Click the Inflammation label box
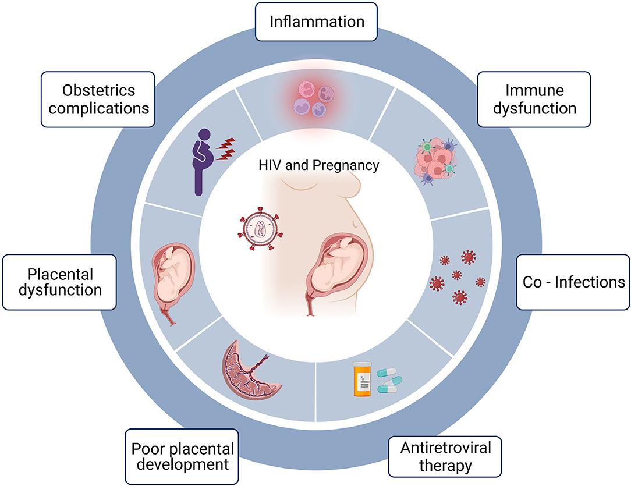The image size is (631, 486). pyautogui.click(x=317, y=22)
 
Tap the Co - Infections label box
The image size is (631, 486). pyautogui.click(x=573, y=282)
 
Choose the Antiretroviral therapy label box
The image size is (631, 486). pyautogui.click(x=445, y=457)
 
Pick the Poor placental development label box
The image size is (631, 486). pyautogui.click(x=182, y=457)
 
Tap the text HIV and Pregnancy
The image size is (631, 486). pyautogui.click(x=319, y=165)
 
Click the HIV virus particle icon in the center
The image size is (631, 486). pyautogui.click(x=259, y=230)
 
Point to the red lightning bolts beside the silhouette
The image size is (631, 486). pyautogui.click(x=226, y=149)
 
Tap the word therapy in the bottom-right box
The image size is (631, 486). pyautogui.click(x=445, y=466)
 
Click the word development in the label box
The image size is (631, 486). pyautogui.click(x=182, y=465)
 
